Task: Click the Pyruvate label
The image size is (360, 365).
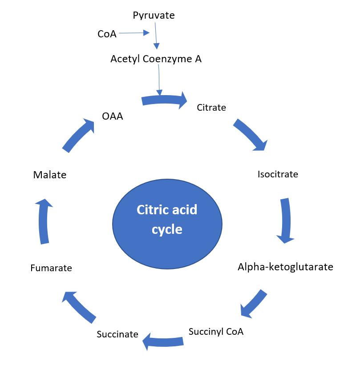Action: coord(154,16)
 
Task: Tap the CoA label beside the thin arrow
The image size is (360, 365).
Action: coord(107,34)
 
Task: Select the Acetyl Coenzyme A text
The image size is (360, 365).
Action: coord(156,59)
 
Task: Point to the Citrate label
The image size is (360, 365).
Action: coord(211,108)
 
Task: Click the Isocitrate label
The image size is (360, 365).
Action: coord(278,174)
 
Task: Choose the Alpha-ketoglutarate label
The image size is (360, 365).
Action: coord(285,267)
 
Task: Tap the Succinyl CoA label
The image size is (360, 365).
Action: coord(216,332)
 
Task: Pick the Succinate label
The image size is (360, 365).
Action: coord(117,334)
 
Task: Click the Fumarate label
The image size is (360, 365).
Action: coord(51,268)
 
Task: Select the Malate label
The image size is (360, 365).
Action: coord(50,175)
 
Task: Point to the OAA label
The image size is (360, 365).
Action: coord(112,116)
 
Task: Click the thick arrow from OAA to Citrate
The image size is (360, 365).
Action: coord(164,100)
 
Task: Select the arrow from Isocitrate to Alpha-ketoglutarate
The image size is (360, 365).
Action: coord(286,221)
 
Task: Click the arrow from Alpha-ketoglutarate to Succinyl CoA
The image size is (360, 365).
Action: coord(254,304)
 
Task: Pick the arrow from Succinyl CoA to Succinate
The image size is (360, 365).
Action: coord(163,341)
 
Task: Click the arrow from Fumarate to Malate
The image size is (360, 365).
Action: coord(43,221)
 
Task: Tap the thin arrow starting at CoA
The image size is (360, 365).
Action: coord(134,33)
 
